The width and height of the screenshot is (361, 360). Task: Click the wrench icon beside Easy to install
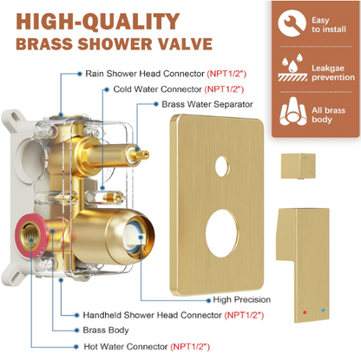(x=292, y=23)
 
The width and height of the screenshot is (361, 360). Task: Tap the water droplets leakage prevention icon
(x=292, y=68)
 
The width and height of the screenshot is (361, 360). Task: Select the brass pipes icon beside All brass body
(x=293, y=111)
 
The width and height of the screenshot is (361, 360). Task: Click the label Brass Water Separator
(x=207, y=104)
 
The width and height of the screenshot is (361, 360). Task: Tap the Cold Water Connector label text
(x=157, y=89)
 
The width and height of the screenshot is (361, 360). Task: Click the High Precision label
(x=242, y=299)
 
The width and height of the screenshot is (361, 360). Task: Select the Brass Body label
(x=106, y=330)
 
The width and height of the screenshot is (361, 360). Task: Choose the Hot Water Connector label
(x=126, y=346)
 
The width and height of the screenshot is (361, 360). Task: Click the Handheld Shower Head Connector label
(x=153, y=315)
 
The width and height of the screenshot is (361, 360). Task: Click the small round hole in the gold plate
(x=222, y=166)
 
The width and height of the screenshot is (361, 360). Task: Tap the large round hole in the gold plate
(x=222, y=233)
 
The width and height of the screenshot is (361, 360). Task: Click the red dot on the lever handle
(x=305, y=312)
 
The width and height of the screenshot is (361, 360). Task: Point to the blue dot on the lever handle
(x=323, y=311)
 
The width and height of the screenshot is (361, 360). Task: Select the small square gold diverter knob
(x=299, y=166)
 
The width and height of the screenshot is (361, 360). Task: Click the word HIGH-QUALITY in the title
(x=98, y=22)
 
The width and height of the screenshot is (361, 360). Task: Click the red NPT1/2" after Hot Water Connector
(x=190, y=346)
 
